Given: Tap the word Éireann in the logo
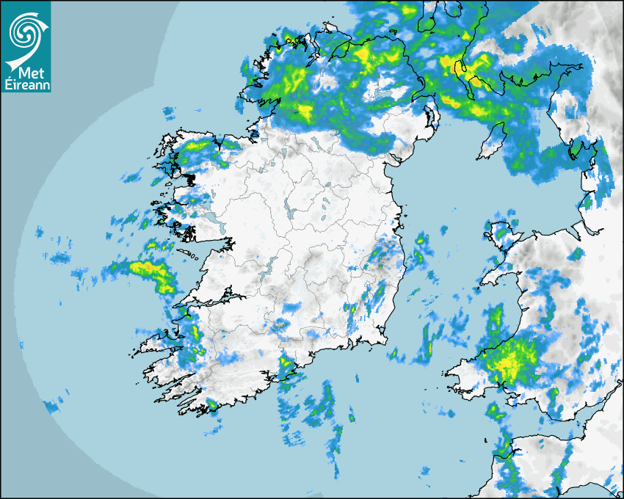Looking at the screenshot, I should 26,85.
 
